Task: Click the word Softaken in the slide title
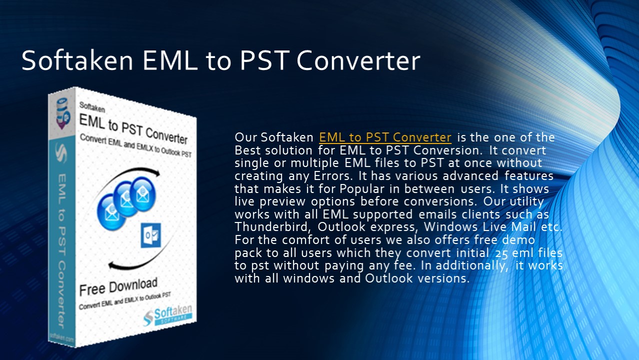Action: click(77, 60)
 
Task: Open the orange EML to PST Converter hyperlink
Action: click(385, 137)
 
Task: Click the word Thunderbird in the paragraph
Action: click(270, 226)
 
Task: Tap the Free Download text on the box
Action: click(118, 287)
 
